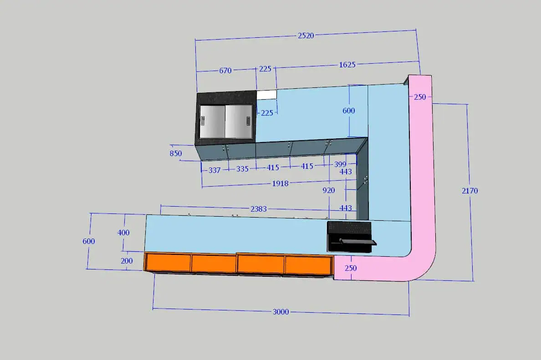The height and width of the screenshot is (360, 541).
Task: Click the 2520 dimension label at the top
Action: [x=306, y=35]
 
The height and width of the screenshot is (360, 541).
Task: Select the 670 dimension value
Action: [x=225, y=71]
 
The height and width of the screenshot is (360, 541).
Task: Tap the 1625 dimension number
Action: [x=347, y=65]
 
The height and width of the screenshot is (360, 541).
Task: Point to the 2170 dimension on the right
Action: [x=470, y=191]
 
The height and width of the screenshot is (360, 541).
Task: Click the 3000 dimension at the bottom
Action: [x=281, y=312]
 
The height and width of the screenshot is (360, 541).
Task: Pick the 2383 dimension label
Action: [x=258, y=209]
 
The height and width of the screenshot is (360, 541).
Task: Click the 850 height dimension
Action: [x=176, y=153]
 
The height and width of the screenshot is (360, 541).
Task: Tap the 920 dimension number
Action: [x=328, y=190]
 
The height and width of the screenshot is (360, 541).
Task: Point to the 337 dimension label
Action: [x=214, y=170]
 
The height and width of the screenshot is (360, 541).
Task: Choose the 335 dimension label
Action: [x=242, y=169]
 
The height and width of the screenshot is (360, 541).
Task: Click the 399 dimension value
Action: [x=340, y=164]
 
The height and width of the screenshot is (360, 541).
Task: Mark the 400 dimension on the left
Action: [x=123, y=233]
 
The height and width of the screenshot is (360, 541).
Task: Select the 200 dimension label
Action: [x=127, y=261]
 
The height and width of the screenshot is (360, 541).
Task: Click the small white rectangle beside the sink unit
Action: [x=267, y=95]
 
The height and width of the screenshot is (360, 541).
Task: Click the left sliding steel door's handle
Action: [x=203, y=121]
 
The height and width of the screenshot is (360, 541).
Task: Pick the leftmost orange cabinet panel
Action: [x=168, y=263]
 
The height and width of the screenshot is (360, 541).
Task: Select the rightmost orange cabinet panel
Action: [x=308, y=265]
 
